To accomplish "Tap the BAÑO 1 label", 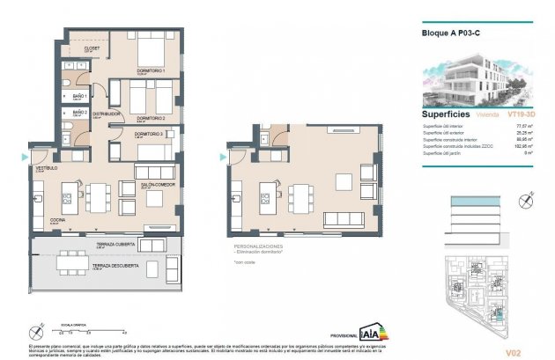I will [x=79, y=96].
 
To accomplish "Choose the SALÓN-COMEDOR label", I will [x=158, y=186].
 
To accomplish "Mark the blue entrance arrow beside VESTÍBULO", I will [x=24, y=157].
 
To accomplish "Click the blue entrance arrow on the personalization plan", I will [x=220, y=158].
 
